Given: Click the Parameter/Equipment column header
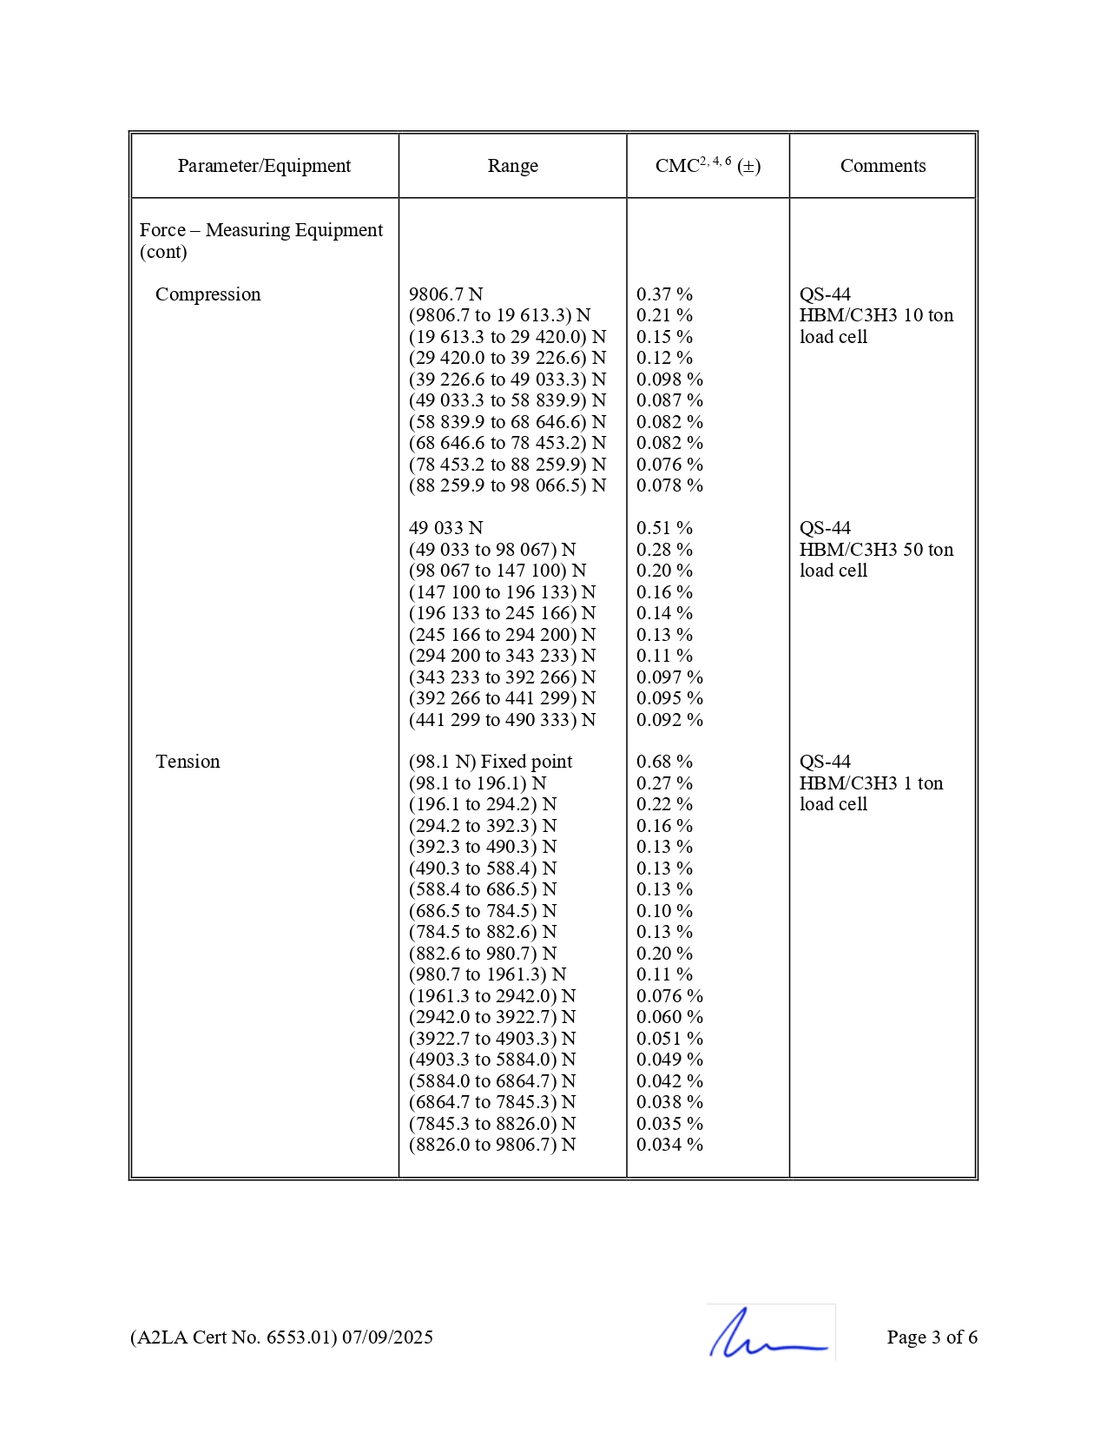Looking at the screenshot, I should click(x=264, y=166).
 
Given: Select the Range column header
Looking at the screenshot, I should click(x=512, y=166).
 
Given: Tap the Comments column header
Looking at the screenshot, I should click(x=882, y=166).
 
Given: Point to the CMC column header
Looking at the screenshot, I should click(x=707, y=166).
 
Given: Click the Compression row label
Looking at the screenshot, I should click(x=208, y=294).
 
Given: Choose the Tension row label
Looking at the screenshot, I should click(x=188, y=762).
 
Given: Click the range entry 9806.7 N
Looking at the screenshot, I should click(x=445, y=294).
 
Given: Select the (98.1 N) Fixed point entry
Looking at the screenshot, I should click(x=491, y=762).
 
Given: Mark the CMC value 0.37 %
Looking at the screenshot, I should click(x=664, y=294).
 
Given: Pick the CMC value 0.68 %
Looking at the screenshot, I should click(x=664, y=762).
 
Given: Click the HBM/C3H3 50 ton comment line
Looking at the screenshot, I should click(x=876, y=550).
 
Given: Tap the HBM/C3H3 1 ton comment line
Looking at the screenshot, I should click(x=871, y=783).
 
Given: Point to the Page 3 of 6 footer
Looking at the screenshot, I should click(x=932, y=1337).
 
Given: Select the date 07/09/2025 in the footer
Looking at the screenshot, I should click(x=387, y=1337).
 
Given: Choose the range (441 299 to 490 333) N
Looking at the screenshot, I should click(x=502, y=720).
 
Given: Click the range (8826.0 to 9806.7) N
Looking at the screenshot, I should click(x=492, y=1145).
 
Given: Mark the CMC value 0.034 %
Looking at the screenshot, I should click(x=669, y=1145).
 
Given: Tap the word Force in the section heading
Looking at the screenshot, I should click(x=162, y=230).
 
